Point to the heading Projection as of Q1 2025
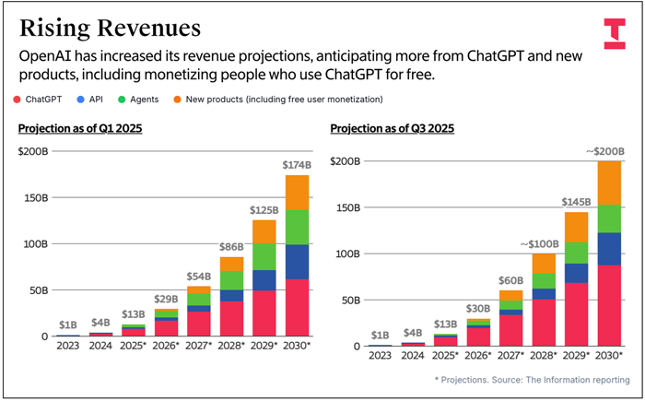[x=79, y=128]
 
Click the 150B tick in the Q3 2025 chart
[x=347, y=207]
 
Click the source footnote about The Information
[x=532, y=380]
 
